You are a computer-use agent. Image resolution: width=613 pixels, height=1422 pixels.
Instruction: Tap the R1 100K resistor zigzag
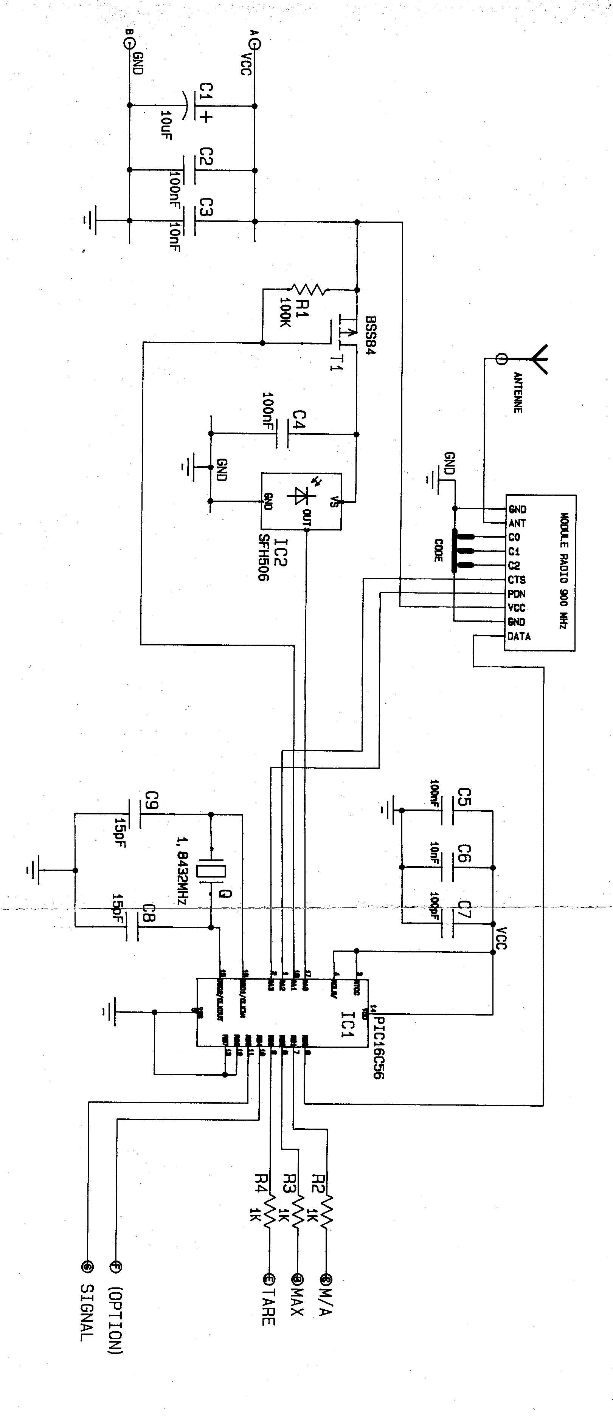pyautogui.click(x=310, y=289)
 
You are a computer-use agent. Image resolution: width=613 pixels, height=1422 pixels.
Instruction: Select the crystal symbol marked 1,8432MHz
pyautogui.click(x=212, y=871)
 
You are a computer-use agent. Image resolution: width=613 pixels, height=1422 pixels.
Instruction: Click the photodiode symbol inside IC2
pyautogui.click(x=300, y=496)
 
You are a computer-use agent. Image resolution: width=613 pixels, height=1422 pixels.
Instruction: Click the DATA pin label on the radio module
pyautogui.click(x=519, y=636)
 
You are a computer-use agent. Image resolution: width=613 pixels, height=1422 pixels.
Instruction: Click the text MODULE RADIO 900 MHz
pyautogui.click(x=564, y=571)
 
